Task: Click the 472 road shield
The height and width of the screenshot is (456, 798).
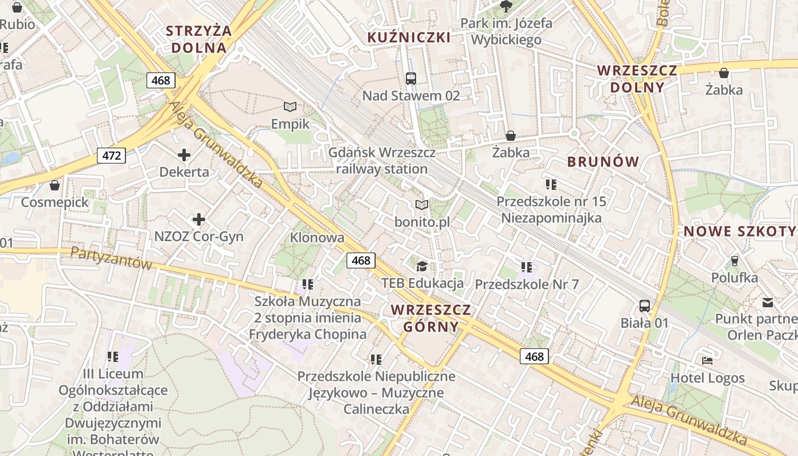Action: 111,155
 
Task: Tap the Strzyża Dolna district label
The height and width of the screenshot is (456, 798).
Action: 199,39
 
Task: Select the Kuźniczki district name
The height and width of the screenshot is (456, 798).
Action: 409,38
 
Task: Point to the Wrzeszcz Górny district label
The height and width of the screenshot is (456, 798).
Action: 431,318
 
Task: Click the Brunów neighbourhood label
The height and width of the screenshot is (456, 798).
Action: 604,161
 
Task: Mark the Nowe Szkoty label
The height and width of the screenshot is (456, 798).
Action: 740,231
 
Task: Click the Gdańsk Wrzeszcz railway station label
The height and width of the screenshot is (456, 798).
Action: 382,161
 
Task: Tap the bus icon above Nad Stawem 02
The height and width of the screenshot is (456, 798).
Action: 411,78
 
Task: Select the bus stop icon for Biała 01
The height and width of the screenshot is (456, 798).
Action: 645,306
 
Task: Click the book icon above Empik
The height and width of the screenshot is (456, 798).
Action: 290,107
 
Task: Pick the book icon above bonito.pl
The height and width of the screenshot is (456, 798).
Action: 422,205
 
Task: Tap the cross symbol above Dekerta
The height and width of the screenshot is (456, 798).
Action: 184,154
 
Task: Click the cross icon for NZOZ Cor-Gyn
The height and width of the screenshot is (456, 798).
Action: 199,219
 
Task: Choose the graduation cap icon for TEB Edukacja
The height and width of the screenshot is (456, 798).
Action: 422,266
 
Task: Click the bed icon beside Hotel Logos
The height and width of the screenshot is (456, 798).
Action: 707,361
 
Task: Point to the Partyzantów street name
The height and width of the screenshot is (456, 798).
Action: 111,258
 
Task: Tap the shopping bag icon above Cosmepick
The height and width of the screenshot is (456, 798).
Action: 55,185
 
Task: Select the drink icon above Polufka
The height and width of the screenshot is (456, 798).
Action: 735,260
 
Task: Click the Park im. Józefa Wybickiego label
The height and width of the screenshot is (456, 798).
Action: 506,32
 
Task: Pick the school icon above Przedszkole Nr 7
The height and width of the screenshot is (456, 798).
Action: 527,266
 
